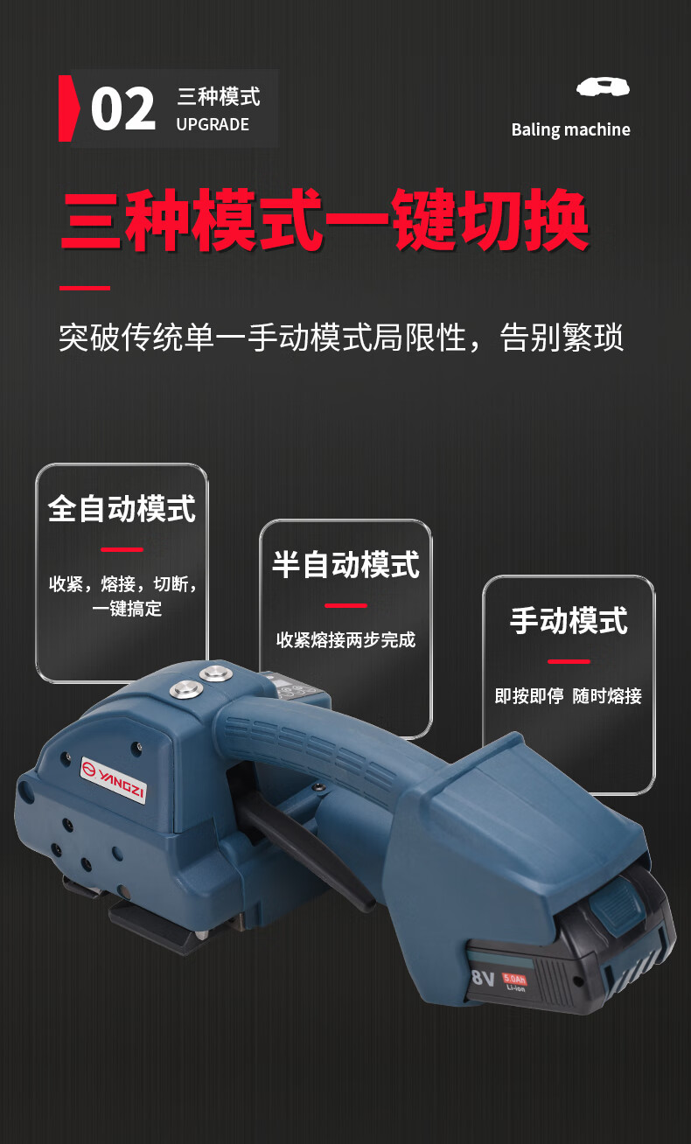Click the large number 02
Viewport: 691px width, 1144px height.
coord(123,109)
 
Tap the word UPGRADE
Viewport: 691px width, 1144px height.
coord(213,124)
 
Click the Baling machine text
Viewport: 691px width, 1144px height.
coord(570,129)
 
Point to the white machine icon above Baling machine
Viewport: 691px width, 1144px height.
coord(603,87)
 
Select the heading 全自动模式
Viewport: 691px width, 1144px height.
coord(122,508)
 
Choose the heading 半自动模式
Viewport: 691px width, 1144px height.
coord(345,564)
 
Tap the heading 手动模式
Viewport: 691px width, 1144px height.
coord(569,621)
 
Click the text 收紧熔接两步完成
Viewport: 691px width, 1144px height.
coord(345,639)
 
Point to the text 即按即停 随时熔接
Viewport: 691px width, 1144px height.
coord(569,696)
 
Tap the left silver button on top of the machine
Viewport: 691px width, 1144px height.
coord(185,690)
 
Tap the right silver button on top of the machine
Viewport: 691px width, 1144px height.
coord(213,673)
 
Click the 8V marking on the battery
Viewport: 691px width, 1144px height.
coord(483,976)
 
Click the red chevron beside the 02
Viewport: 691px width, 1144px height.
coord(67,108)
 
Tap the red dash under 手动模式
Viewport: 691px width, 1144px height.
coord(569,661)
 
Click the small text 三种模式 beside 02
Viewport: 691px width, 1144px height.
coord(219,95)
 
